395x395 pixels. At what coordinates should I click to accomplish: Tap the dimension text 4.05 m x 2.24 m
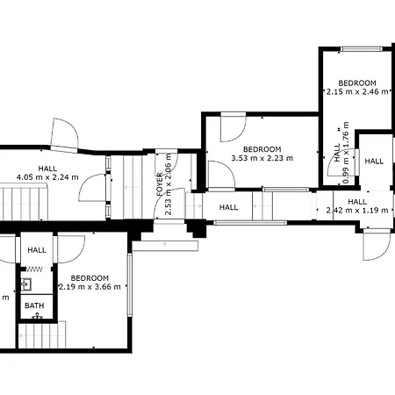coord(47,177)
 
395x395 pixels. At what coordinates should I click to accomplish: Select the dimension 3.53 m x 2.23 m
coord(262,158)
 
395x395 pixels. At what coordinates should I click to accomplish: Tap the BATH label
coord(34,306)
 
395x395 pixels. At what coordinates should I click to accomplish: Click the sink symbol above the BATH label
coord(27,284)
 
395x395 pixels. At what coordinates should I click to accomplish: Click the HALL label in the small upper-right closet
coord(375,162)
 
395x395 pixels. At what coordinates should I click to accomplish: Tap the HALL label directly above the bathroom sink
coord(37,250)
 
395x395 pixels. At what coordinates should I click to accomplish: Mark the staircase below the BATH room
coord(42,334)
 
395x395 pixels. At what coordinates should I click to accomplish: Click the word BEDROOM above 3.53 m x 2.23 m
coord(262,148)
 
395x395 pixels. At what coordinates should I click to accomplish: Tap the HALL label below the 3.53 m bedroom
coord(229,207)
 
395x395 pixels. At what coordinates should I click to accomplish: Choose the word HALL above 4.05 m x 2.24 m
coord(47,168)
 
